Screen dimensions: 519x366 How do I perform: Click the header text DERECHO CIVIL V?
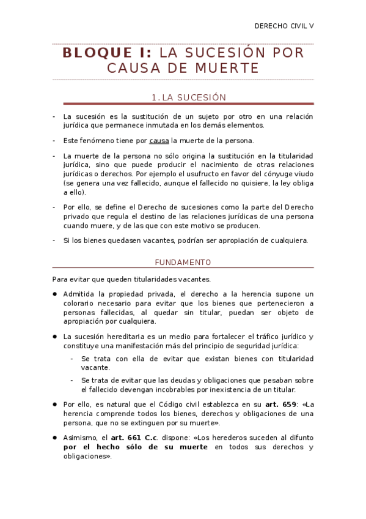click(284, 26)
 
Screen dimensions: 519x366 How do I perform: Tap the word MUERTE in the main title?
click(224, 67)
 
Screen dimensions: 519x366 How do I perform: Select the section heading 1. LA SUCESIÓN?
click(188, 97)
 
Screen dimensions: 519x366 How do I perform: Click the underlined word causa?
click(159, 141)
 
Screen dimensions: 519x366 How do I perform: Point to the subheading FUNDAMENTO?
click(183, 262)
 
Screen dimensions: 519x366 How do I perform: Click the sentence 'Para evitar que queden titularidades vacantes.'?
click(122, 278)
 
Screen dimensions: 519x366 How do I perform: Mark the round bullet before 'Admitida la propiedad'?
click(55, 294)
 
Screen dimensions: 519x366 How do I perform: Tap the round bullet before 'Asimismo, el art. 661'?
click(55, 438)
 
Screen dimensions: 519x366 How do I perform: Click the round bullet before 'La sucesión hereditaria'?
click(55, 337)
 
